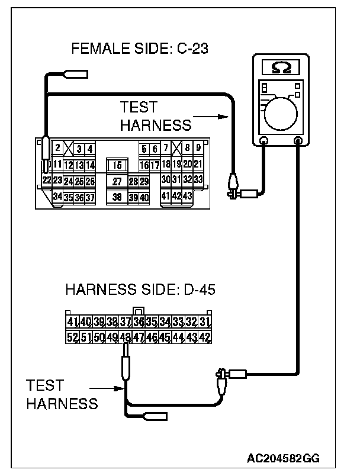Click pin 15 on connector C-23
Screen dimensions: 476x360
117,165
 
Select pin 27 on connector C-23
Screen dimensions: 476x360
117,181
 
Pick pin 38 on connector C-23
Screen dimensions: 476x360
117,197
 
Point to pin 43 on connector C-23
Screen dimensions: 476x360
188,195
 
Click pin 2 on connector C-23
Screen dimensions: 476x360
57,148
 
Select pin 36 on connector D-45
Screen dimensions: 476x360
139,323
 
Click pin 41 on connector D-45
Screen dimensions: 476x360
73,323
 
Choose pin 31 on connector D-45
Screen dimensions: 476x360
205,323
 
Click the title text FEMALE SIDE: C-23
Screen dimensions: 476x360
140,49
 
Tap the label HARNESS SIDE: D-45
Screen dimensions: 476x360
139,290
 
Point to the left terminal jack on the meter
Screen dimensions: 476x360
264,141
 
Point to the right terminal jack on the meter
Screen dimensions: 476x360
298,141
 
